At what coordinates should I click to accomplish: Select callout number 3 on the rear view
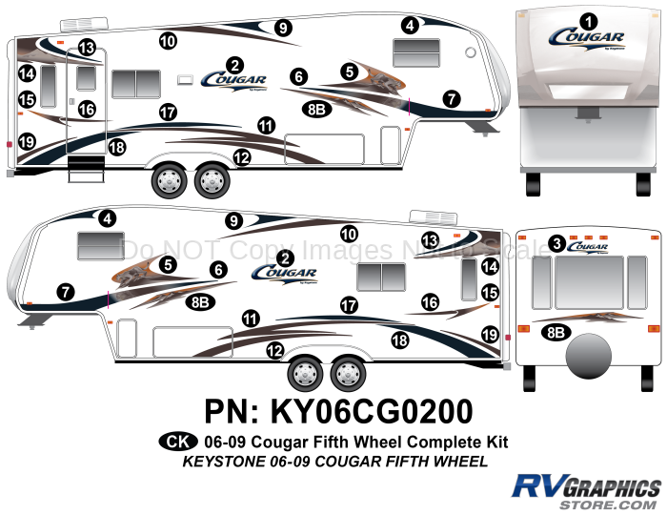556,244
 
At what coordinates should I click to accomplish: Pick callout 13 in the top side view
87,48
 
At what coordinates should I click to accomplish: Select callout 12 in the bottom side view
275,352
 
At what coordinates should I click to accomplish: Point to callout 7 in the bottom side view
65,292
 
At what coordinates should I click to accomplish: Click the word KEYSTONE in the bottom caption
205,463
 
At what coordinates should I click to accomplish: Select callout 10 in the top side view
168,40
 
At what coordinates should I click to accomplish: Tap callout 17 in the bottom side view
349,304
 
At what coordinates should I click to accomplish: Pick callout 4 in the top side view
410,26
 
